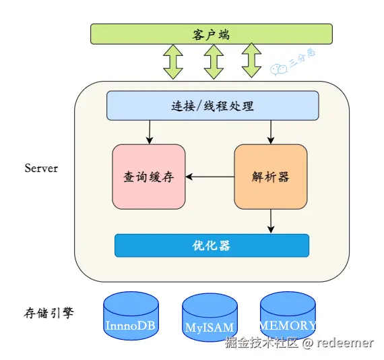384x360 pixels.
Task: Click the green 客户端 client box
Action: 212,34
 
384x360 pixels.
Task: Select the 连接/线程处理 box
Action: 213,106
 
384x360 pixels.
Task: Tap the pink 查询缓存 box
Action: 149,177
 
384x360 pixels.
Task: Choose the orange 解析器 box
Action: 271,177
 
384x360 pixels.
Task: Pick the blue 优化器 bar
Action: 212,245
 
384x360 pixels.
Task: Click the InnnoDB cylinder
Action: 131,316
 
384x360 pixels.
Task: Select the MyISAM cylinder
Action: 210,318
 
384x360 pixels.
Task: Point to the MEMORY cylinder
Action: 288,316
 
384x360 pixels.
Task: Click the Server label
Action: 41,168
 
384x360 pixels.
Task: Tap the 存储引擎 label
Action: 49,313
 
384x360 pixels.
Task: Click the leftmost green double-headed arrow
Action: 173,62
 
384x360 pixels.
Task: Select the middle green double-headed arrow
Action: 214,62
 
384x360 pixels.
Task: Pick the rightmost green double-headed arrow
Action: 251,61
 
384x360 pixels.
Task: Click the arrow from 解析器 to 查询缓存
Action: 210,177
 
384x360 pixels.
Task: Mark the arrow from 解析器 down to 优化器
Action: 271,221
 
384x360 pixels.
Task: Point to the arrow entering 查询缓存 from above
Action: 150,132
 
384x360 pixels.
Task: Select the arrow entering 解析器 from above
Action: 271,132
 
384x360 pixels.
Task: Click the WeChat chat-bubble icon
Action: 279,69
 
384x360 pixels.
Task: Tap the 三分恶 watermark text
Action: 302,58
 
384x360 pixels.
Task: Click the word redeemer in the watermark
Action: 345,342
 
